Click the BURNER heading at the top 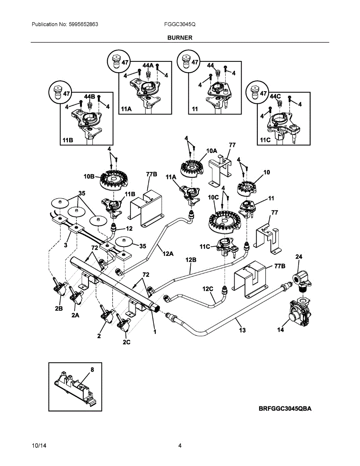180,38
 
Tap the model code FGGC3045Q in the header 179,24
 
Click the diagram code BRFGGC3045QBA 285,409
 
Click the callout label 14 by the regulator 280,330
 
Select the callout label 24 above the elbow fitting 299,257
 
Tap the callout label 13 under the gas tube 242,330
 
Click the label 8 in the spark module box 92,370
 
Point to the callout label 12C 208,289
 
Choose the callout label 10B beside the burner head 89,176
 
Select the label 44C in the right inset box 275,96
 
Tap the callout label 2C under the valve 126,342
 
